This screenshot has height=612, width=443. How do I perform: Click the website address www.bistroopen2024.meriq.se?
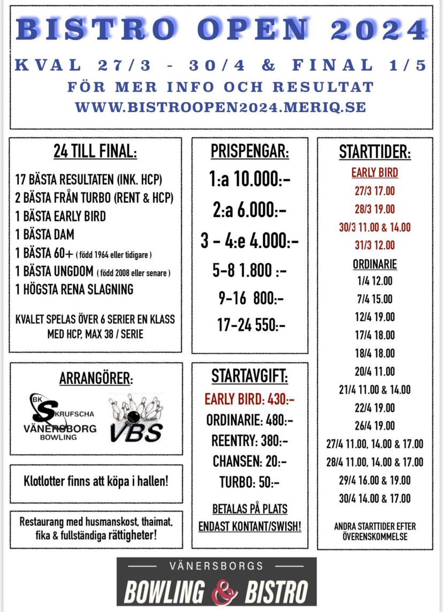(x=220, y=107)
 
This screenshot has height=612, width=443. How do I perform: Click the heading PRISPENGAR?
(x=250, y=152)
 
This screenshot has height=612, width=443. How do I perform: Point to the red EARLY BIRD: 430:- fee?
(x=250, y=399)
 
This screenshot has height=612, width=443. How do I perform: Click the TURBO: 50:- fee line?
(x=250, y=482)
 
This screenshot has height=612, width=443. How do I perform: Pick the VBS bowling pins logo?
(x=136, y=418)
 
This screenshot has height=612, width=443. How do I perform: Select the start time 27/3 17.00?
(x=375, y=191)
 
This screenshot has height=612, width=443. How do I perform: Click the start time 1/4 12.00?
(x=375, y=281)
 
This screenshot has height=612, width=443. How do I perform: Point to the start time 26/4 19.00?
(x=375, y=426)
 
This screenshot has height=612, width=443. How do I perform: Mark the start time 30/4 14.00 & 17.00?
(x=375, y=499)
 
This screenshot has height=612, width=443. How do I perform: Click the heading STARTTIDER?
(x=375, y=152)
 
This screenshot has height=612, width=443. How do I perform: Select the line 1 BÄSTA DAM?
(x=45, y=234)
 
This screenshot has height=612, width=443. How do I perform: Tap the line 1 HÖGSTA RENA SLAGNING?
(x=74, y=289)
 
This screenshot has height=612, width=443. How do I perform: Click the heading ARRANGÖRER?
(x=96, y=379)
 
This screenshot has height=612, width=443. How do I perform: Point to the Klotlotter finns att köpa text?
(x=96, y=481)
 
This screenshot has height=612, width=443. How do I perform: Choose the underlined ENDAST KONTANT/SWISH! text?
(x=250, y=526)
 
